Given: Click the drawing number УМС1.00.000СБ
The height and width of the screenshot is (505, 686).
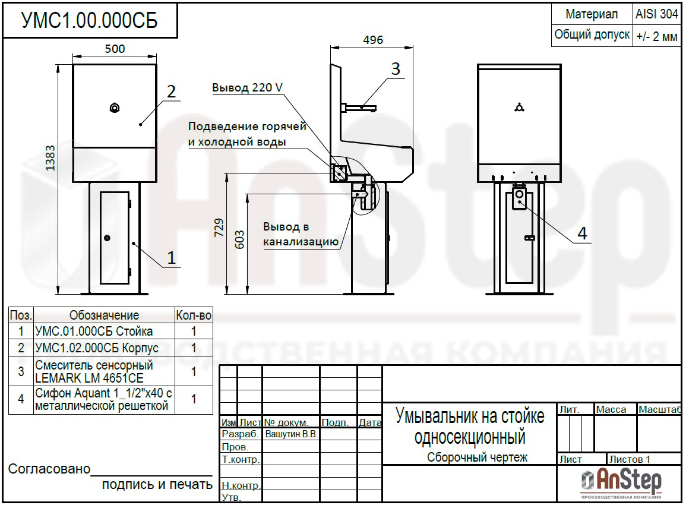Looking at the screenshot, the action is click(89, 21).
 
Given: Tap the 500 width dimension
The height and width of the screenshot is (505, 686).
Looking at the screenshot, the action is click(115, 49).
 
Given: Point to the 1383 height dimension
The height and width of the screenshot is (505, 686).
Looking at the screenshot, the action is click(50, 158).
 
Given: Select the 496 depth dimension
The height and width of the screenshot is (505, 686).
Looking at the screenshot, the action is click(373, 40).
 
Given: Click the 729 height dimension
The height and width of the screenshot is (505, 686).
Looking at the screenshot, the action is click(219, 228).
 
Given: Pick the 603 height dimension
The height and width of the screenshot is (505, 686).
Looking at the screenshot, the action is click(239, 240).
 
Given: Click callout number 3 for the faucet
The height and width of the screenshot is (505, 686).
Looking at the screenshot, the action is click(396, 69).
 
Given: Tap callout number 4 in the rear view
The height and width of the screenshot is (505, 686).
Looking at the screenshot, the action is click(582, 233).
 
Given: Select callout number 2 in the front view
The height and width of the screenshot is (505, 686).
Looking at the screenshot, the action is click(171, 91).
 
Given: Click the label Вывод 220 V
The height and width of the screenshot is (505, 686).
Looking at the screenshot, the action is click(247, 87).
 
